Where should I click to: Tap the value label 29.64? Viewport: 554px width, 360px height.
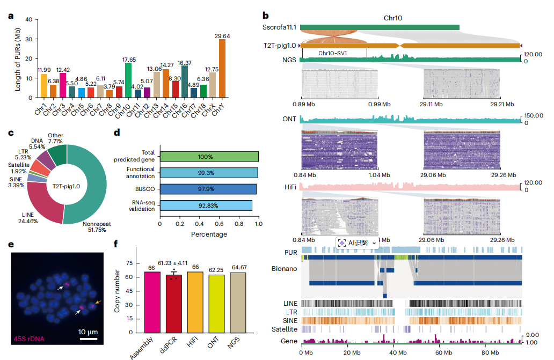click(221, 36)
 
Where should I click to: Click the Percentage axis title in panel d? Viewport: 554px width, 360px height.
click(209, 234)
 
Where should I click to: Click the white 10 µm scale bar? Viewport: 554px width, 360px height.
click(89, 339)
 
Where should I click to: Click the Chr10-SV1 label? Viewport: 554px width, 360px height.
click(332, 54)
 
